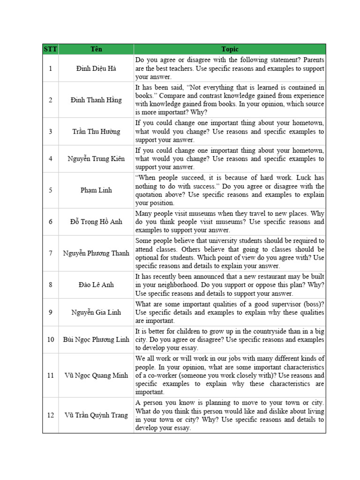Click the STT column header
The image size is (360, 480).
50,49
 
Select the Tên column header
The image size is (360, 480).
96,49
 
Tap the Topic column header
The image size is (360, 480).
230,49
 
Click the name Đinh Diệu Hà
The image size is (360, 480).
96,68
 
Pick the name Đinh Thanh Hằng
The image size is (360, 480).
96,100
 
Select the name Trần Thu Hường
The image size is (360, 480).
96,132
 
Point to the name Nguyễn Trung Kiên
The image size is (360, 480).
96,158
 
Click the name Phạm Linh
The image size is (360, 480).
96,190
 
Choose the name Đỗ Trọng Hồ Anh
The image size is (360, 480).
96,222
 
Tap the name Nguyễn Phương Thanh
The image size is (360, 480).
96,253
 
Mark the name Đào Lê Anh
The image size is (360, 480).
96,285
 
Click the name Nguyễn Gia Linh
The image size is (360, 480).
96,312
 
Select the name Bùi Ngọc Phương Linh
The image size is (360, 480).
96,339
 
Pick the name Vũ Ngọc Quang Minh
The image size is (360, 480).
96,375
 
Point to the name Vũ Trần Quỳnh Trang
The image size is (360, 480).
96,415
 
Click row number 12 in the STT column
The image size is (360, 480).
50,415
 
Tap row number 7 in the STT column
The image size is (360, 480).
50,253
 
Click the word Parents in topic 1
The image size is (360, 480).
311,60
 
